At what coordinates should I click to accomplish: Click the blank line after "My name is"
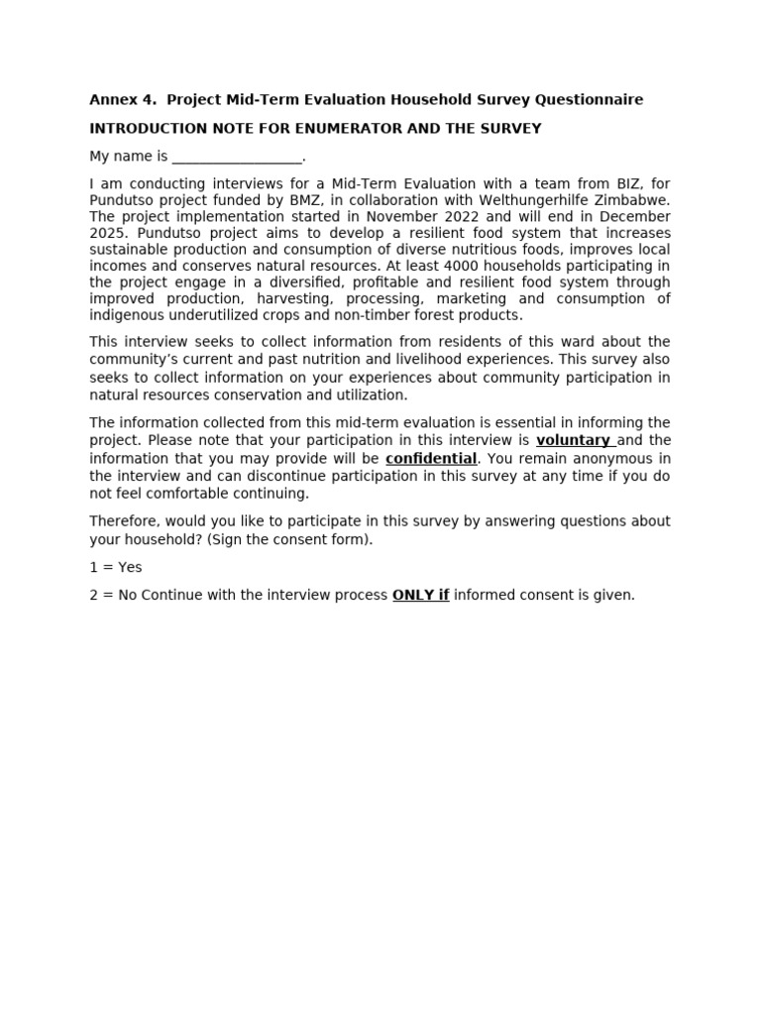pyautogui.click(x=237, y=157)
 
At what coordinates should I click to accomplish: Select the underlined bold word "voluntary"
pyautogui.click(x=573, y=440)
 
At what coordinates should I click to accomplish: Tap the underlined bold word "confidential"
pyautogui.click(x=431, y=459)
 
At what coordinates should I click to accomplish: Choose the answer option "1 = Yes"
pyautogui.click(x=116, y=567)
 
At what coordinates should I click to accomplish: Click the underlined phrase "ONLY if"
pyautogui.click(x=420, y=595)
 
